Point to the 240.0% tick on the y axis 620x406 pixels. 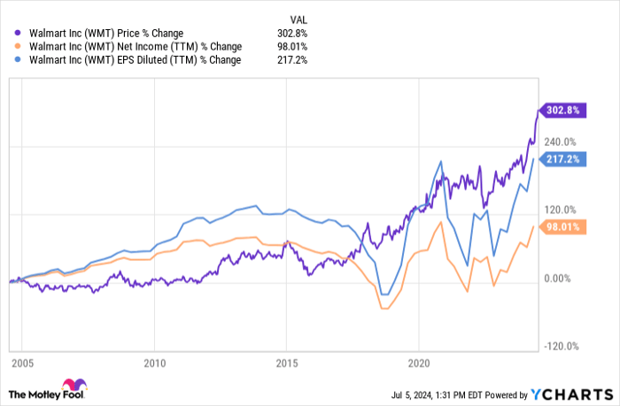click(x=560, y=142)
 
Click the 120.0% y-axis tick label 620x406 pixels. click(x=560, y=210)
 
